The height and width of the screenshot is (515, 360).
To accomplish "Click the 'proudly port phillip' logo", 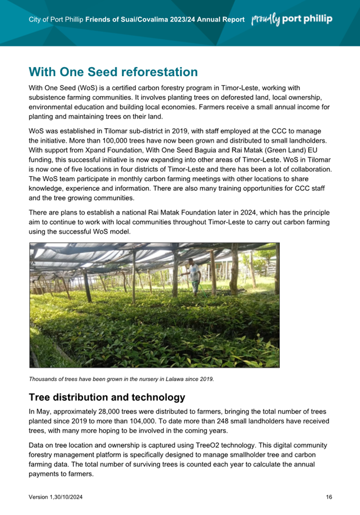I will click(291, 19).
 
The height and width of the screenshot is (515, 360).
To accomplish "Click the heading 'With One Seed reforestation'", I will click(113, 72).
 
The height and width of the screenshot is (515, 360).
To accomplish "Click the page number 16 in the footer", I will click(329, 497).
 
